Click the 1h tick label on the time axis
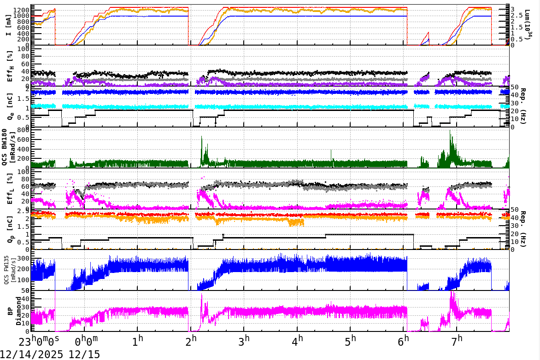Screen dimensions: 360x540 coord(137,342)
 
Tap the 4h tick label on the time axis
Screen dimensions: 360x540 coord(298,342)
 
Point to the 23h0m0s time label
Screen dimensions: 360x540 coord(39,343)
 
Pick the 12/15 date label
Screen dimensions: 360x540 coord(85,354)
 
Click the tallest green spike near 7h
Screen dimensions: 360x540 coord(451,131)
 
